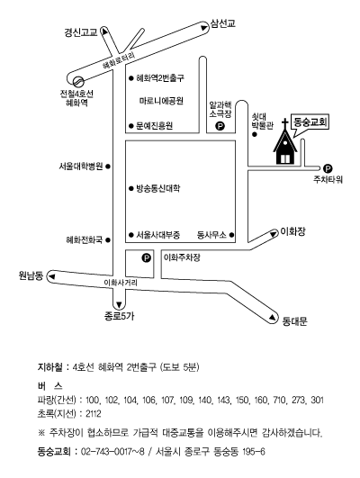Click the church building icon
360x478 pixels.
(284, 143)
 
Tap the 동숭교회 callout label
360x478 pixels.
(310, 122)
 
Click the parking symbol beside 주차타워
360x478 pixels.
(328, 168)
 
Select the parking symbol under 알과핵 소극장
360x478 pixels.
(220, 126)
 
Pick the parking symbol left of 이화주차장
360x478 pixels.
(147, 258)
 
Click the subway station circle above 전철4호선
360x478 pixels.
(78, 81)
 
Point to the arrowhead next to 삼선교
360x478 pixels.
(203, 28)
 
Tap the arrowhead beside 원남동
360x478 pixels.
(52, 276)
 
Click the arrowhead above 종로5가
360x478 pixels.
(119, 304)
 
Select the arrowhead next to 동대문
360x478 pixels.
(272, 318)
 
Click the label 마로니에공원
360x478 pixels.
(161, 101)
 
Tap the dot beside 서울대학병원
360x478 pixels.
(108, 167)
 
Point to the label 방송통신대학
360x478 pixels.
(157, 188)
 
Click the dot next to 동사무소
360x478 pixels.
(231, 235)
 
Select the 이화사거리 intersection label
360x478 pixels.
(121, 283)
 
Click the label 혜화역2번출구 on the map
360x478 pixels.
(160, 78)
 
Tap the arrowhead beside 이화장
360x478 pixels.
(273, 234)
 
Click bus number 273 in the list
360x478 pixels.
(298, 400)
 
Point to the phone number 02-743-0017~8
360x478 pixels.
(112, 452)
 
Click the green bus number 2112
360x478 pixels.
(94, 414)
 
